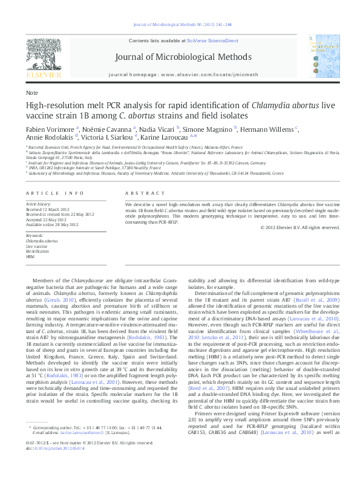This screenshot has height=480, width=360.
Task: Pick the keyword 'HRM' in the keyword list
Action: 30,257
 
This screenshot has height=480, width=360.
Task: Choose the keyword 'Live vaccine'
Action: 36,246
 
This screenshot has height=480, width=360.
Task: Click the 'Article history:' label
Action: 39,205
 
